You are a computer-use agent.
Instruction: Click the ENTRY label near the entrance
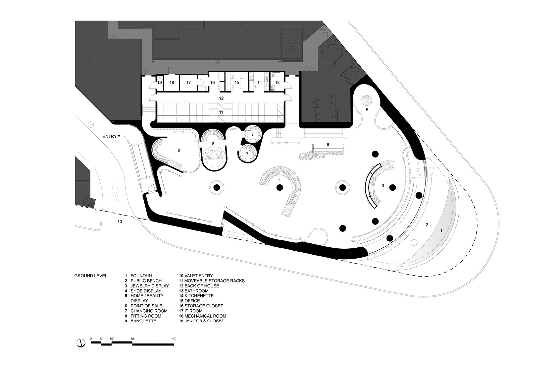[110, 137]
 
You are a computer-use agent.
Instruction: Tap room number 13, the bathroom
[277, 83]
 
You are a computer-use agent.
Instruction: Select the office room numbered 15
[237, 83]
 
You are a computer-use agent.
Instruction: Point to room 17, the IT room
[188, 83]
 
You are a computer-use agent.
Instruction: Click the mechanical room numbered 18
[172, 83]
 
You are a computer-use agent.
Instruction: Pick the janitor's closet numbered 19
[160, 83]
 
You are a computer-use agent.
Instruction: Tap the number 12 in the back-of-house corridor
[221, 98]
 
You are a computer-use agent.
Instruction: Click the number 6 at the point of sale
[328, 145]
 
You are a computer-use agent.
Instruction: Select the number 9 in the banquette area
[179, 150]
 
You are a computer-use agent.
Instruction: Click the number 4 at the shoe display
[279, 180]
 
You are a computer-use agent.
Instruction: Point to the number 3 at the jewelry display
[383, 185]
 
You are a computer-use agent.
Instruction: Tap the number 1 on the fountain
[441, 231]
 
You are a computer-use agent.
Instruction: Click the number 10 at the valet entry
[120, 221]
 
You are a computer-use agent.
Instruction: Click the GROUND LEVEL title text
[91, 276]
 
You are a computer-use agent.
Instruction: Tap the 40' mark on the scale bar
[174, 339]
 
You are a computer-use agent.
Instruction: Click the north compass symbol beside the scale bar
[81, 343]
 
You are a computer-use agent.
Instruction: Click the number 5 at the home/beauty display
[367, 110]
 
